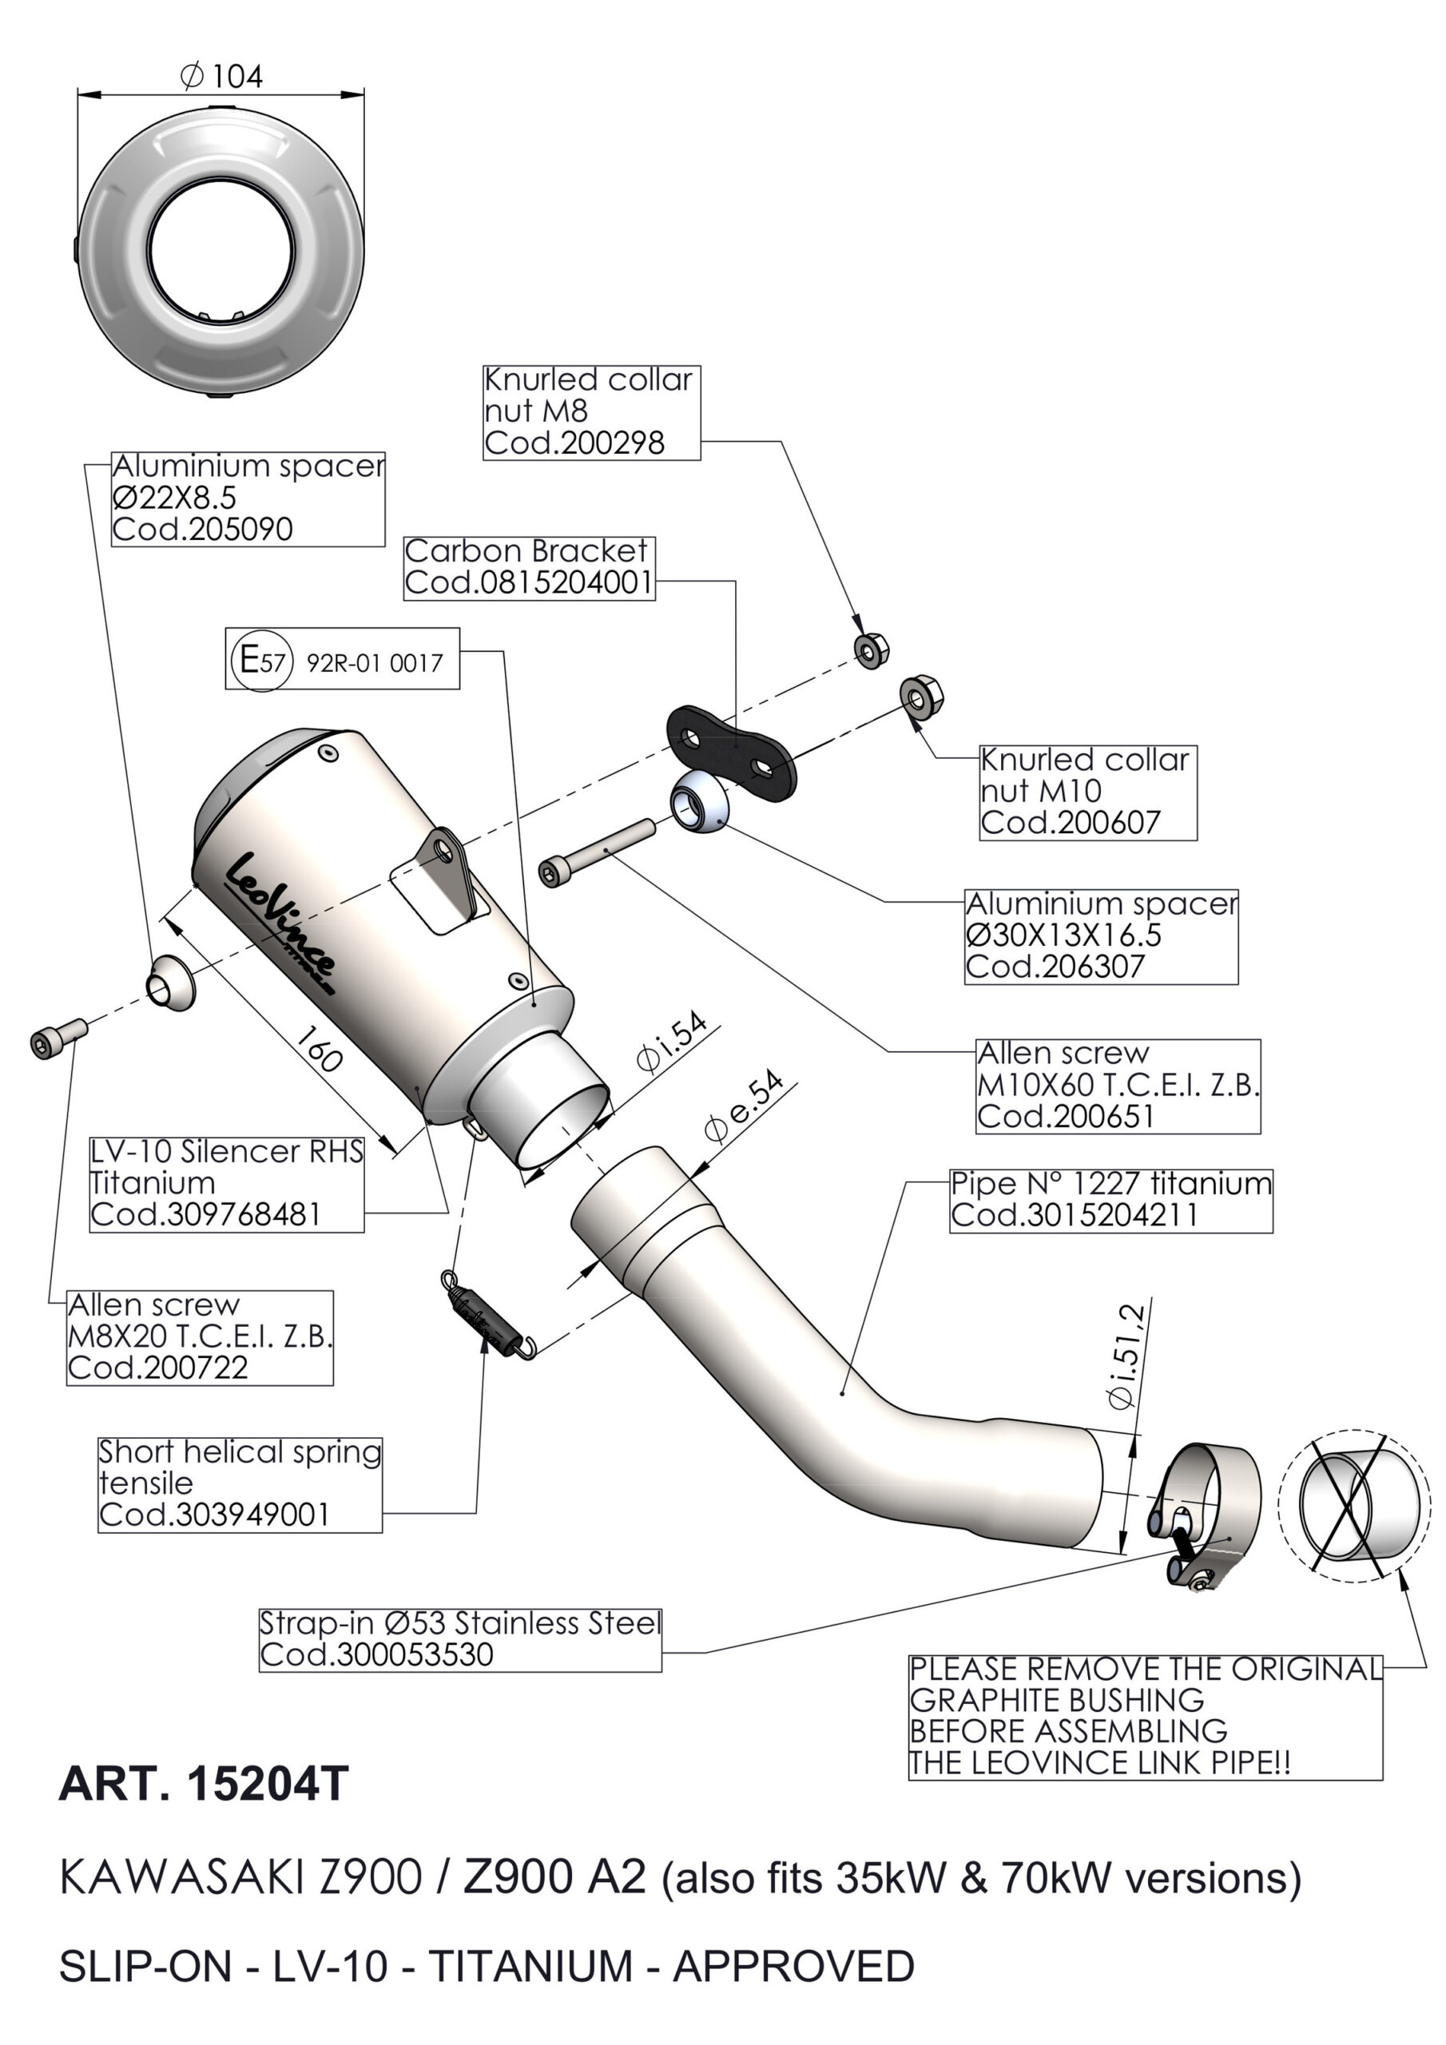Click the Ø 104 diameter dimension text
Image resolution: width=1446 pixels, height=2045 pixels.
click(x=222, y=77)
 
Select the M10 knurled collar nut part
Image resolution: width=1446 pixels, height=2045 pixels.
click(x=921, y=697)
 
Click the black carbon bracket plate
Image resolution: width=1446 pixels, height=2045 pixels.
click(x=729, y=751)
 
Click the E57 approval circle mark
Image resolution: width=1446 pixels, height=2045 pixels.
click(x=260, y=661)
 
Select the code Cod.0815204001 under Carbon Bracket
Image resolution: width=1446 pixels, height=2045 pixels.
click(x=528, y=582)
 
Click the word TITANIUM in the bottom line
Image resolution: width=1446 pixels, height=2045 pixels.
click(x=533, y=1965)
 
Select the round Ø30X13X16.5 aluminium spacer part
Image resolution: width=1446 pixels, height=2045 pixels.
click(x=698, y=801)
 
